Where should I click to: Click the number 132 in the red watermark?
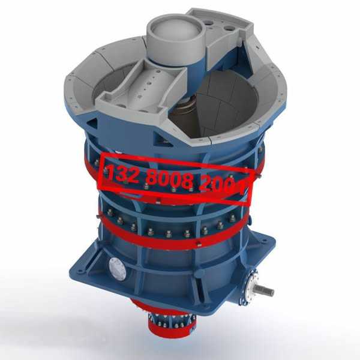(122, 173)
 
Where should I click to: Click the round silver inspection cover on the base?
(118, 269)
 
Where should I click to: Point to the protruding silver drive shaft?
(265, 290)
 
